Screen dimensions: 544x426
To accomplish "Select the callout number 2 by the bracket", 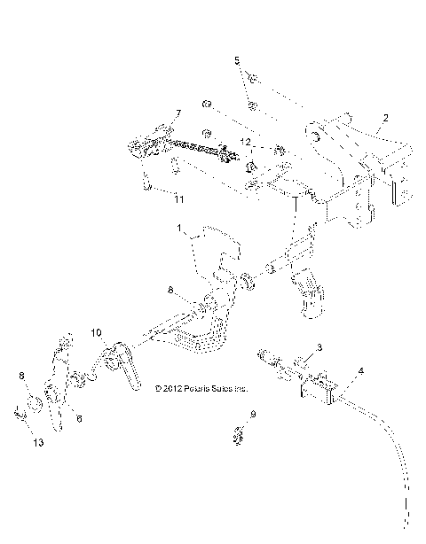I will tap(385, 117).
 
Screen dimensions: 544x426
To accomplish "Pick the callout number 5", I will tap(236, 62).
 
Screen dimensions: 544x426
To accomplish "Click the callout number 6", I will tap(78, 418).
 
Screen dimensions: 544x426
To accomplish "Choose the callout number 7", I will tap(177, 113).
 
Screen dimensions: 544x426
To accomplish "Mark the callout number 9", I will tap(253, 414).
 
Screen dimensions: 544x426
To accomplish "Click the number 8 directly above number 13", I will tap(21, 376).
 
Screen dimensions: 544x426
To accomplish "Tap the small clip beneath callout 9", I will tap(238, 435).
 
